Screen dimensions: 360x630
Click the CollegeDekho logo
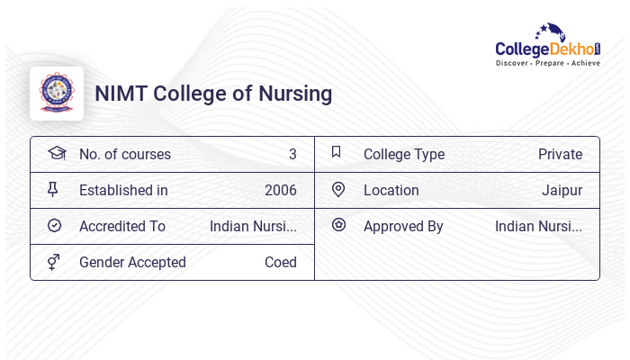coord(547,46)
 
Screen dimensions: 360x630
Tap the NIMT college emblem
coord(57,93)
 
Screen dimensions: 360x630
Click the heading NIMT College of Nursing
coord(213,94)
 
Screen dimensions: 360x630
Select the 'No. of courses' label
coord(124,154)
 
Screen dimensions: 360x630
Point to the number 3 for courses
coord(292,154)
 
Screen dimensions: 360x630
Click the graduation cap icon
coord(56,153)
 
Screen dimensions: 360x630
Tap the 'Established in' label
coord(123,190)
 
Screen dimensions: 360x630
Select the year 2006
coord(280,190)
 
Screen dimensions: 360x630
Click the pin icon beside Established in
coord(53,189)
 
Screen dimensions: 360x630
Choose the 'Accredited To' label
coord(122,226)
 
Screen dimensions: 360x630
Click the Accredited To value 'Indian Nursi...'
coord(253,226)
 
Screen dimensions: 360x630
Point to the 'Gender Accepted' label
coord(132,262)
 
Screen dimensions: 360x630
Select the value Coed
coord(280,262)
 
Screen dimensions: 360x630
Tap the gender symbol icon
coord(54,262)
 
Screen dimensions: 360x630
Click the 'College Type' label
coord(403,154)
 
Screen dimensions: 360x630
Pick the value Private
coord(560,154)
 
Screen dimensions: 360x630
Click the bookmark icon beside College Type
coord(336,152)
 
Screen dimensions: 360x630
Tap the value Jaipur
coord(562,190)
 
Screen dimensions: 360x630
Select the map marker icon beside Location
coord(338,189)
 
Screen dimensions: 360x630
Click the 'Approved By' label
coord(403,226)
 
